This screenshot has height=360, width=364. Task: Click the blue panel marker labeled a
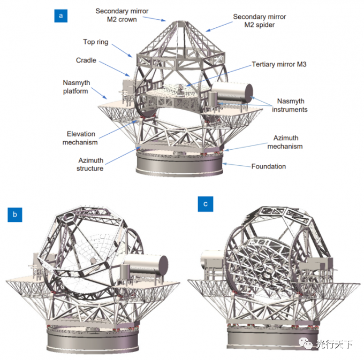pos(61,16)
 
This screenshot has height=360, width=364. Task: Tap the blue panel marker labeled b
pos(15,215)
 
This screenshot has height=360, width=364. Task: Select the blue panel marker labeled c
pos(206,204)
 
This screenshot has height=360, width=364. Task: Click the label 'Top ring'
pos(96,42)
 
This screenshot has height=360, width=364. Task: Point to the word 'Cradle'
pos(86,60)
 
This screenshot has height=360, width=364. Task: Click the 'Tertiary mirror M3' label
pos(279,64)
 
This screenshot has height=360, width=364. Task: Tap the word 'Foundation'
pos(269,166)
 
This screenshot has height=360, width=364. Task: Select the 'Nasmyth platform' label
pos(76,87)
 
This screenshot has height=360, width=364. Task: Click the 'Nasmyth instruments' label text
pos(290,105)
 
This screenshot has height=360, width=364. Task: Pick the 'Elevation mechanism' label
pos(80,138)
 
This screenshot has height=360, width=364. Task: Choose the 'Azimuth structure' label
pos(90,164)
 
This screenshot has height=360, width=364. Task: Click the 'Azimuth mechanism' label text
pos(285,142)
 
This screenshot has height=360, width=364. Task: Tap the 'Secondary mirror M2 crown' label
pos(122,15)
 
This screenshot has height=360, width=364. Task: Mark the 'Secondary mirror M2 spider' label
pos(260,21)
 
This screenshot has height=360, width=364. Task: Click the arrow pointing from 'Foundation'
pos(237,165)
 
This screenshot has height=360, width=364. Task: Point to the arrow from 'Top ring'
pos(122,50)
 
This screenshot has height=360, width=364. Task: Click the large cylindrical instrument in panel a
pos(232,93)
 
